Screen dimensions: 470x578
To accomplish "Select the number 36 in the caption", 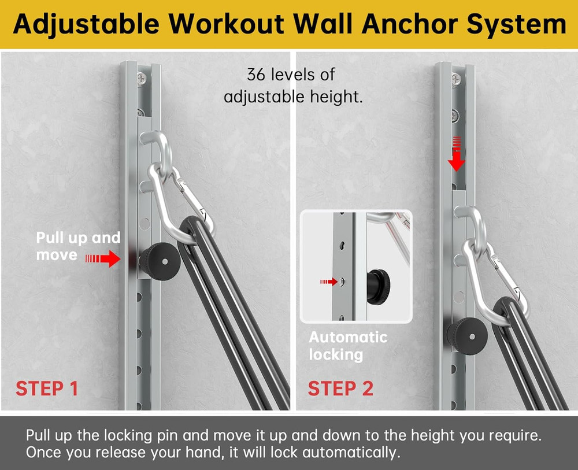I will tap(257, 75).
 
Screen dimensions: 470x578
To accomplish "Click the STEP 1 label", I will tap(47, 388).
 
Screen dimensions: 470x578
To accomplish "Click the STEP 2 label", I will tap(340, 388).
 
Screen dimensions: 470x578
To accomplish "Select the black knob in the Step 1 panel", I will tap(160, 262).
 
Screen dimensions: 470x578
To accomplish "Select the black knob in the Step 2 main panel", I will tap(467, 334).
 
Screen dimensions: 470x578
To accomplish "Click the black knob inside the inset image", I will tap(379, 283).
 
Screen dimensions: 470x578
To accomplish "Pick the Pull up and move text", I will tap(78, 246).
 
